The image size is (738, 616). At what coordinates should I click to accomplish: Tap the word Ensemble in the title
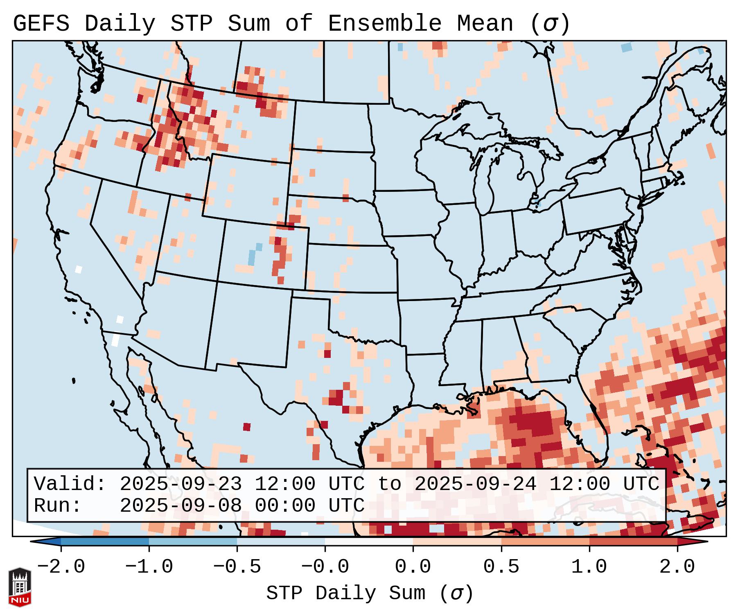pos(384,24)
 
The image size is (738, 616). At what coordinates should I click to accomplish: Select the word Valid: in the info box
pos(70,484)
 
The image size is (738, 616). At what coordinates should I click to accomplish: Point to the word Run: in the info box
pos(58,506)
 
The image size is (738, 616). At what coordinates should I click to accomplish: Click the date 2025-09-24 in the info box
pos(475,484)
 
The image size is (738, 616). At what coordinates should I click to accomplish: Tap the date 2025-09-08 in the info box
pos(181,506)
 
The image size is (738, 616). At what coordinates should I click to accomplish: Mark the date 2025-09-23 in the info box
pos(181,484)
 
